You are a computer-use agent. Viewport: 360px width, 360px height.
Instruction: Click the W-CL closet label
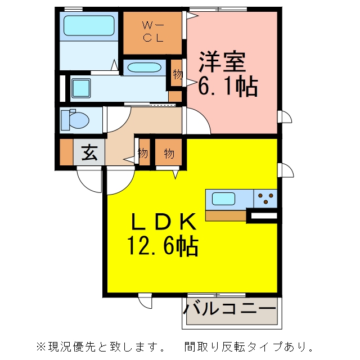tap(153, 31)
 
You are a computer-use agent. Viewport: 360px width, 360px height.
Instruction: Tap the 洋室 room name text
tap(222, 62)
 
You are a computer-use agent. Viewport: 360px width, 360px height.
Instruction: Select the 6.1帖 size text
tap(228, 86)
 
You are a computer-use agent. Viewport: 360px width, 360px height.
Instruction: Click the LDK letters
tap(164, 222)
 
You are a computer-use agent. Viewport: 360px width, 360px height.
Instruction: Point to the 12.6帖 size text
tap(163, 245)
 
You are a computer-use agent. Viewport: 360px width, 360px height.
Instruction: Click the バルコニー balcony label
tap(229, 309)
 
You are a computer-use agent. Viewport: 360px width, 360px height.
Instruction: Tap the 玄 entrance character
tap(89, 152)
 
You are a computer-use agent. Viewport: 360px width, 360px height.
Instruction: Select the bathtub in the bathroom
tap(89, 26)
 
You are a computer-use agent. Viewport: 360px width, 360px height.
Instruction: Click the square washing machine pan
tap(81, 88)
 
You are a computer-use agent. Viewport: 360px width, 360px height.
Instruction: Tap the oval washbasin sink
tap(144, 67)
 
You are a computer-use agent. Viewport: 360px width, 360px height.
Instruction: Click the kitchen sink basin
tap(223, 199)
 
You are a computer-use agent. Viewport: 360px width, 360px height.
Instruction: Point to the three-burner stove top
tap(265, 199)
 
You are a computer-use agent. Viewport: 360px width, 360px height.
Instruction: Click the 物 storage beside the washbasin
tap(178, 74)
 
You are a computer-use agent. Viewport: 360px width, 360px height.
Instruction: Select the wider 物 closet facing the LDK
tap(169, 154)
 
